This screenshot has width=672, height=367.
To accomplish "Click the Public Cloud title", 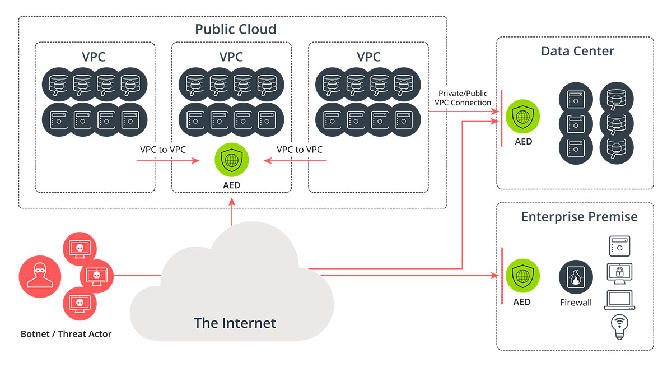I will [235, 29].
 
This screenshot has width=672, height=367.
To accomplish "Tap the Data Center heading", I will [577, 51].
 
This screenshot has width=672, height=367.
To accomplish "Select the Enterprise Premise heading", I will [579, 216].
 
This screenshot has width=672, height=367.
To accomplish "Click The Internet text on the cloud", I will [235, 323].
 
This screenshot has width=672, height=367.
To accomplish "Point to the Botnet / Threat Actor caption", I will [66, 334].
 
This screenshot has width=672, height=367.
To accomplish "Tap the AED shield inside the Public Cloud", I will [231, 161].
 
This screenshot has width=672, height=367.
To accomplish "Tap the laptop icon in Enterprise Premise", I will [619, 300].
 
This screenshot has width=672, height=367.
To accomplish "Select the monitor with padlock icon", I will [619, 273].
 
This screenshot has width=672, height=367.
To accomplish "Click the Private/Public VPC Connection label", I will [463, 98].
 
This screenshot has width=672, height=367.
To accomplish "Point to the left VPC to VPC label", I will [163, 150].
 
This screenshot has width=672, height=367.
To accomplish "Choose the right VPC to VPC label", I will [300, 150].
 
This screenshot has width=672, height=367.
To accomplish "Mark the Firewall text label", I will [576, 303].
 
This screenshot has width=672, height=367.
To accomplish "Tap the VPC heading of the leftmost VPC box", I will [94, 57].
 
